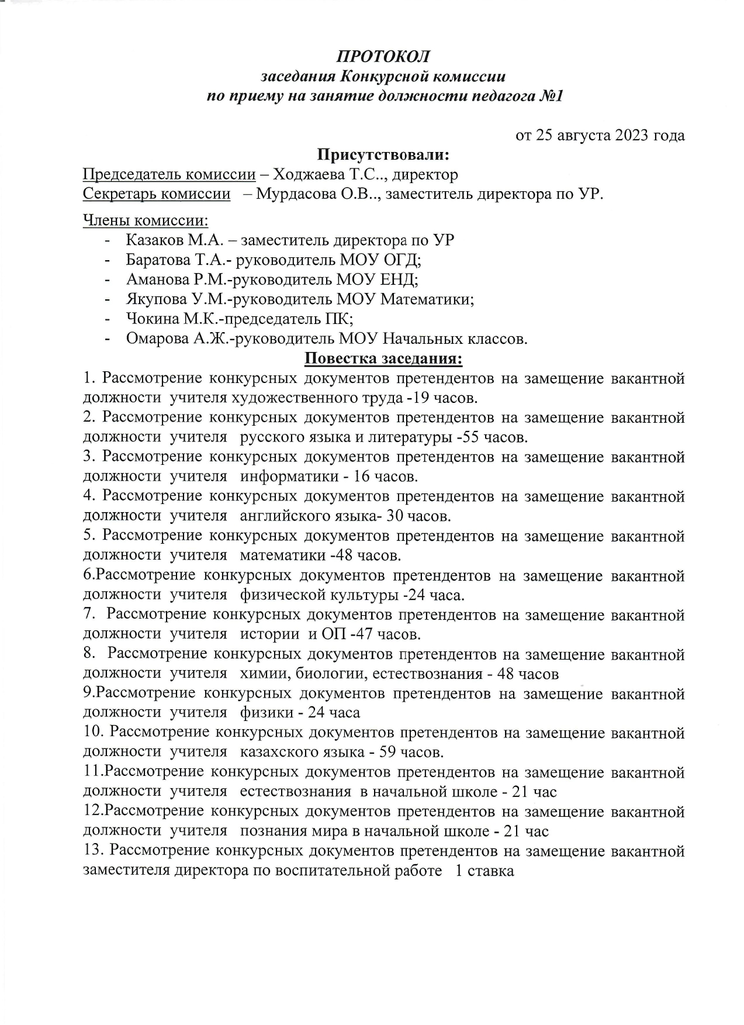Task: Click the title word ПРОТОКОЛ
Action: pos(383,57)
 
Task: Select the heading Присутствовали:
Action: pos(383,155)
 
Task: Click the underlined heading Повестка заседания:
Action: pos(383,358)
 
